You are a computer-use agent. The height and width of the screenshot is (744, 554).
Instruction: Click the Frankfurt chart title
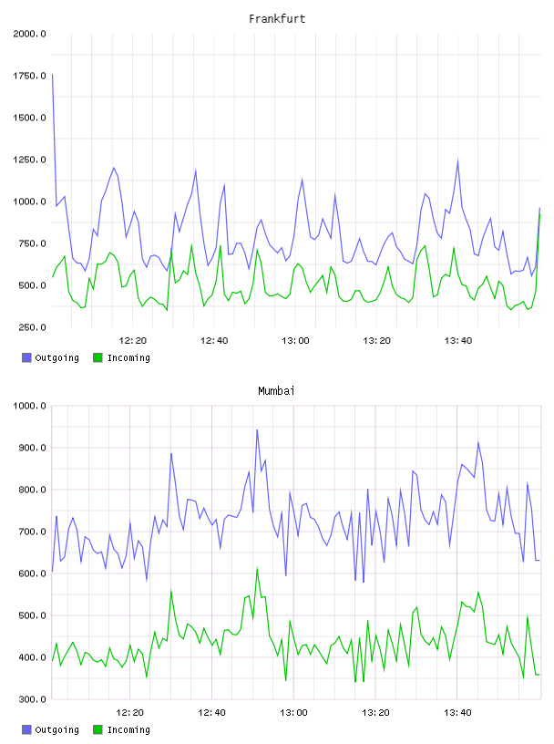(x=277, y=19)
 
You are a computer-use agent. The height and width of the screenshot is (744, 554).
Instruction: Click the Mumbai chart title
(x=276, y=391)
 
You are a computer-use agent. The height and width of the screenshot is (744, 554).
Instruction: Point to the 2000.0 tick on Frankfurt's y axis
(x=29, y=34)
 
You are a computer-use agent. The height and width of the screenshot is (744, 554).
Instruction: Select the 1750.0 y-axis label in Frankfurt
(x=29, y=76)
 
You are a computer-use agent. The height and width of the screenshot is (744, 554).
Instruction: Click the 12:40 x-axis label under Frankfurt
(x=214, y=341)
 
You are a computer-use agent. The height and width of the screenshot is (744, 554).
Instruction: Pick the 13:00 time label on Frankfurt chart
(x=295, y=341)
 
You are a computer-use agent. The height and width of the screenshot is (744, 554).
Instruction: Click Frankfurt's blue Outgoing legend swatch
(x=26, y=357)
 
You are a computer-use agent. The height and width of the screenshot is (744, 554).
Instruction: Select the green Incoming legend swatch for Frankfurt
(x=97, y=357)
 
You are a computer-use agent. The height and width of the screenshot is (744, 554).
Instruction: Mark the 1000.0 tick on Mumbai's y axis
(x=29, y=406)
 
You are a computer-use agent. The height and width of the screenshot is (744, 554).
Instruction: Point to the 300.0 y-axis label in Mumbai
(x=32, y=699)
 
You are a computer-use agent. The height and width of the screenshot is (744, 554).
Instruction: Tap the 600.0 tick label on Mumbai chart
(x=32, y=573)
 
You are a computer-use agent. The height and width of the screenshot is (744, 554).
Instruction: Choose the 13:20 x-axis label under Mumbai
(x=375, y=713)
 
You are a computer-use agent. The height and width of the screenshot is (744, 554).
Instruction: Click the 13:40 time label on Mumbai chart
(x=457, y=713)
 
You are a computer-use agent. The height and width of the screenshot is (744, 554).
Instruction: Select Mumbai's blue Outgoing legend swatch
(x=26, y=729)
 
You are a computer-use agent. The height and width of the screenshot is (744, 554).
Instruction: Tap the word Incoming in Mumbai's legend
(x=128, y=730)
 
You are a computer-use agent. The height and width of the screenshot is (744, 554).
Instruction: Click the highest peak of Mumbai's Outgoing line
(x=257, y=429)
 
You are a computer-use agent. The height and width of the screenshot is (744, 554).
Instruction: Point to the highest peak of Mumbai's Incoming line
(x=257, y=568)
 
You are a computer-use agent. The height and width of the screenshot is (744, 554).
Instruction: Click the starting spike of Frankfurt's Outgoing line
(x=52, y=75)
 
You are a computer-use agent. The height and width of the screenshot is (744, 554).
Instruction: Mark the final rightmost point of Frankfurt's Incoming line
(x=539, y=214)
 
